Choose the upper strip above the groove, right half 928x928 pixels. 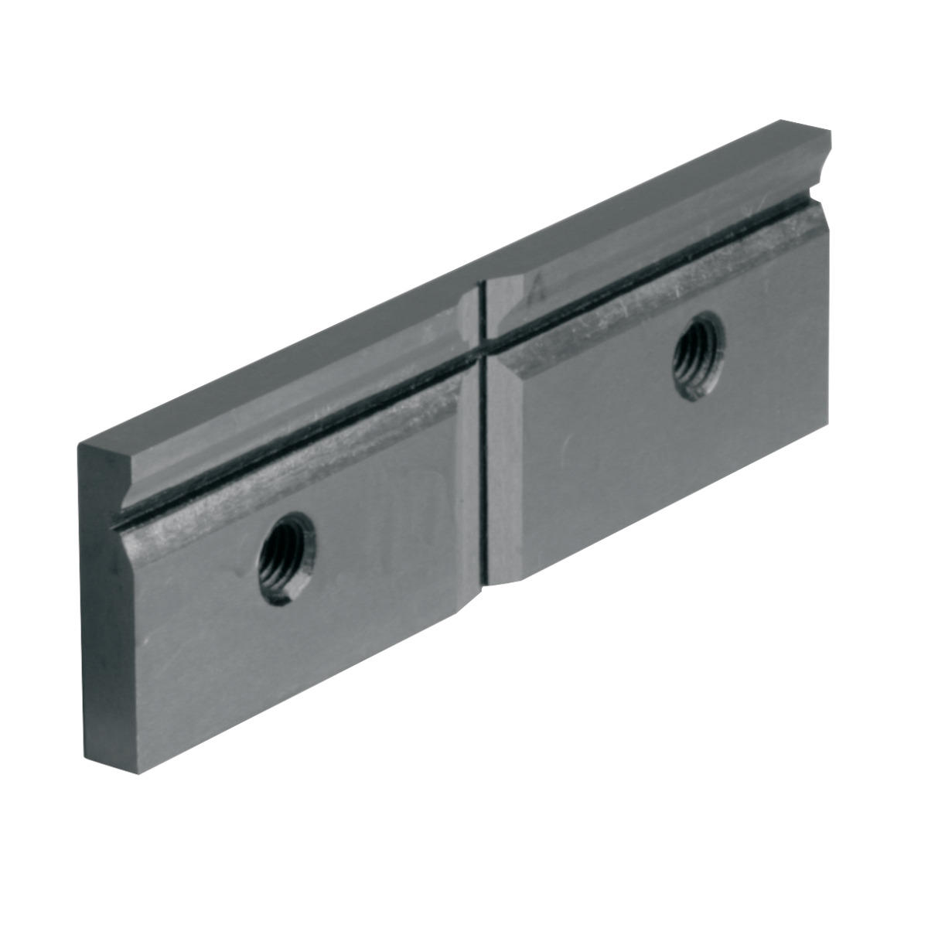coord(657,217)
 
